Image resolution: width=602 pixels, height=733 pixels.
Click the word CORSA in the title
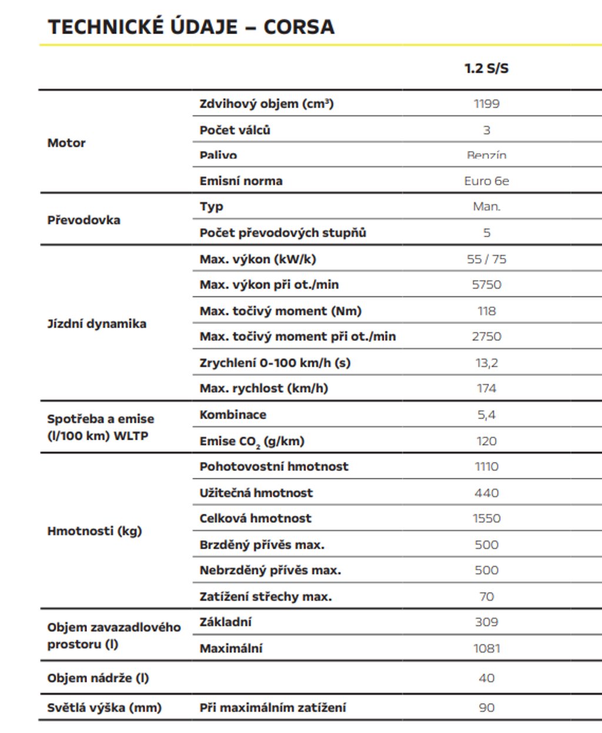coord(299,27)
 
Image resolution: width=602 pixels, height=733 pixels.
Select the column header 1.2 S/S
coord(486,68)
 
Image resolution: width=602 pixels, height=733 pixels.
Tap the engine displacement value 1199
coord(486,104)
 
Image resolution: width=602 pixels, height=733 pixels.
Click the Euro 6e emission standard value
coord(486,181)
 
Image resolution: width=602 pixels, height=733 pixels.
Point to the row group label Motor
coord(66,143)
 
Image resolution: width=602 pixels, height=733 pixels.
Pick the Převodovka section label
coord(83,220)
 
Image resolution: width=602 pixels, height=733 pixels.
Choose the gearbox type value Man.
coord(486,207)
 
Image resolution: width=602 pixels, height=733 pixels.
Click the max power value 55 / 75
coord(486,259)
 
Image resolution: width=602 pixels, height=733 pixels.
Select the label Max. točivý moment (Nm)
coord(280,311)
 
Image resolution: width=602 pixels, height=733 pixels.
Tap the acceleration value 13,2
coord(486,363)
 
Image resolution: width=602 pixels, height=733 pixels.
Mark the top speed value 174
coord(486,389)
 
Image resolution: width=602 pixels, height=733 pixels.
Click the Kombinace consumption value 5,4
coord(486,415)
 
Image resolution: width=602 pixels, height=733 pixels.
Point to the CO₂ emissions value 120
coord(486,441)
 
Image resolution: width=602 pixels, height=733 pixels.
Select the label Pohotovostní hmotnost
coord(274,467)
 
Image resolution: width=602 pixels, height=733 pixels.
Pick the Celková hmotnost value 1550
coord(486,518)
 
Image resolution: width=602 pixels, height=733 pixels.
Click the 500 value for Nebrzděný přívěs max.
coord(486,570)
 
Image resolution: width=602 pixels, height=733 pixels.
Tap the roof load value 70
coord(486,597)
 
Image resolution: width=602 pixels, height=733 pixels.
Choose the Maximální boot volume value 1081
coord(486,648)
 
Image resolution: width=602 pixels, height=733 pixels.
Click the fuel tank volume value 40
coord(486,678)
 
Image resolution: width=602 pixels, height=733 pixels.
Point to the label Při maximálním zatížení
coord(273,708)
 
